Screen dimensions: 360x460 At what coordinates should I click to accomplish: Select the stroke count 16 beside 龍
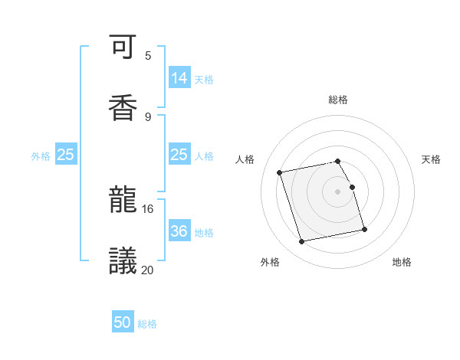148,208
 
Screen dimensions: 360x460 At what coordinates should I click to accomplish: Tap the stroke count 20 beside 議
148,269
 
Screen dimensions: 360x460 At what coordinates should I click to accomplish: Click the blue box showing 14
179,77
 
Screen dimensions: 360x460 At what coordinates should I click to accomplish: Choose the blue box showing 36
179,231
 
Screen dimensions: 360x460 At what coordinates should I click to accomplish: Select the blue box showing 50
123,322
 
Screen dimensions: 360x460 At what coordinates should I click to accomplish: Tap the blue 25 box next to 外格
66,154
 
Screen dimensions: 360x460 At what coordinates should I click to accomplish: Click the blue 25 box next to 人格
179,154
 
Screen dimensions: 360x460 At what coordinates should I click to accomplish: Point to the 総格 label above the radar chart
338,100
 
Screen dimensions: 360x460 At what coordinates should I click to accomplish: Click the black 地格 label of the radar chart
402,263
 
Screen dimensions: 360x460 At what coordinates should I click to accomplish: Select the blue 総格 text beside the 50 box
147,324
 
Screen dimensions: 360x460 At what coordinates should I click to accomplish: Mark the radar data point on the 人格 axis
280,172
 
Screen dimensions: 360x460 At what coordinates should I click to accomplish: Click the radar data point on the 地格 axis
364,229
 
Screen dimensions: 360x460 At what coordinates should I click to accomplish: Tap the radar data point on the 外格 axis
302,242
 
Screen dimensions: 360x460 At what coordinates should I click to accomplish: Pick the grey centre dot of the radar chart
338,191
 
